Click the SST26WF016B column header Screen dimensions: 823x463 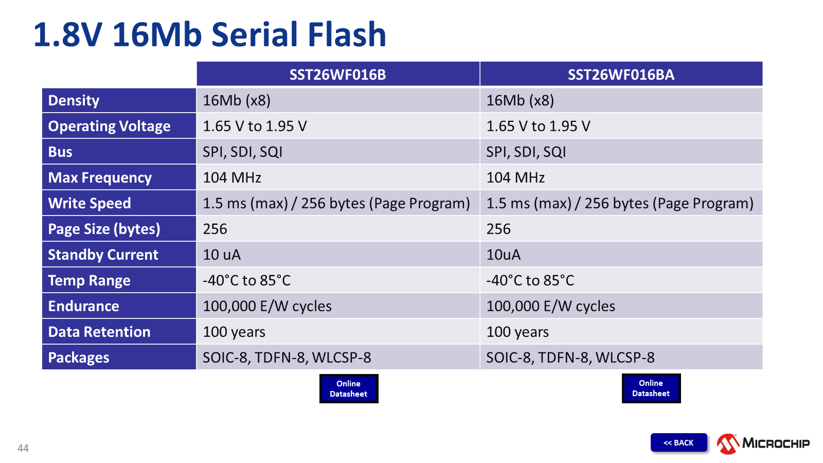[x=338, y=74]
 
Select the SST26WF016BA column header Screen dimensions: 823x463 [x=621, y=74]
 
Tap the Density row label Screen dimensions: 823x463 [x=119, y=100]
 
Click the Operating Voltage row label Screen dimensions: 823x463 [x=119, y=126]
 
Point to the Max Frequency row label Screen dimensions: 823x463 [x=119, y=177]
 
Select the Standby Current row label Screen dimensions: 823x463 [x=119, y=255]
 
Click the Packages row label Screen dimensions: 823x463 [x=119, y=358]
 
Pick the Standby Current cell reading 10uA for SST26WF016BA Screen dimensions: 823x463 [x=621, y=255]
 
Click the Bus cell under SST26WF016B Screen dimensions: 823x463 [x=338, y=152]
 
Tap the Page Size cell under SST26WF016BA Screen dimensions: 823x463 [x=621, y=229]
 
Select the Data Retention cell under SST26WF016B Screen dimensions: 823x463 [x=338, y=332]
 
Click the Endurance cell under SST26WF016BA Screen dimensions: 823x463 [x=621, y=306]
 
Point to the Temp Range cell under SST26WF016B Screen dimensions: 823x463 [x=338, y=280]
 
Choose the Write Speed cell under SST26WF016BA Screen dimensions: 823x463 [x=621, y=203]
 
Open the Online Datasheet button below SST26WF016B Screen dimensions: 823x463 [x=349, y=389]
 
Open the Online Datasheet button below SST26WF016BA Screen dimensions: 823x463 [x=651, y=388]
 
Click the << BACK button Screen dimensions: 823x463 [x=678, y=442]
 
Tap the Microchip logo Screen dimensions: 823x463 [x=763, y=443]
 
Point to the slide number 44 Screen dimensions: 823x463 [x=23, y=448]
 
